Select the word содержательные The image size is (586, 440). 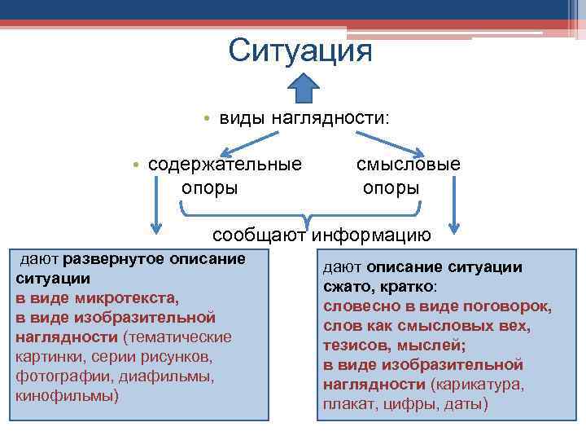[x=225, y=164]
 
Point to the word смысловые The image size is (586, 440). [x=408, y=164]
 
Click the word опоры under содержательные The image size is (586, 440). [x=209, y=188]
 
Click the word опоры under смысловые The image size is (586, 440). [x=391, y=188]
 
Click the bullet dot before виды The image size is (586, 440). [x=208, y=120]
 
